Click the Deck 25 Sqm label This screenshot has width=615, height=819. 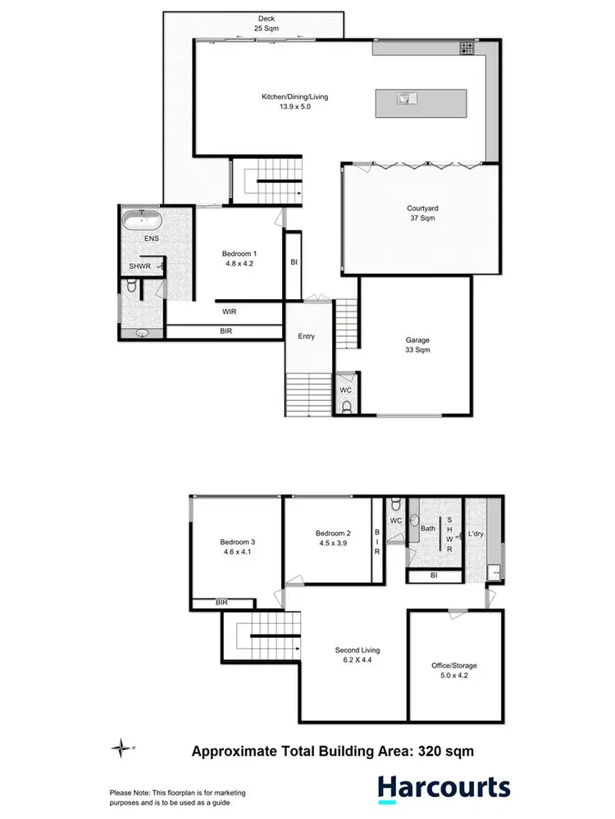(x=265, y=23)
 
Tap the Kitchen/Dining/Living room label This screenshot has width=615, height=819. (x=294, y=102)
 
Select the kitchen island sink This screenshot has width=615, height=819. (x=405, y=99)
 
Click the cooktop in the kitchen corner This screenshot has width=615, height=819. (x=467, y=48)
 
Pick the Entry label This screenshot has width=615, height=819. (x=306, y=336)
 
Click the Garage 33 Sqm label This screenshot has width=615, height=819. (x=417, y=344)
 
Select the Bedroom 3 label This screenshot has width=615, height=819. (x=237, y=547)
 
